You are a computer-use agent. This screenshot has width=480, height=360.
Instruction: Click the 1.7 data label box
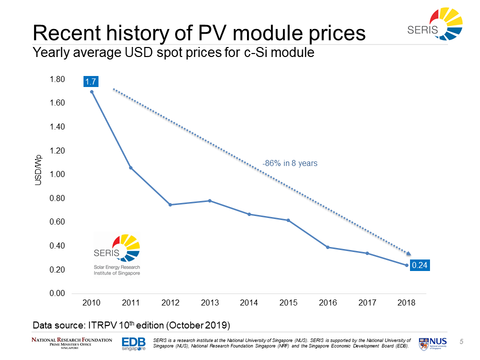click(91, 80)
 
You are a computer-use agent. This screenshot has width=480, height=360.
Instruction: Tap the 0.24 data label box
click(420, 265)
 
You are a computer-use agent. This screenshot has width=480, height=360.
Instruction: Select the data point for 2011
click(131, 167)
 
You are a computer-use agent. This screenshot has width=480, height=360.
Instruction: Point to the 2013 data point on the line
click(209, 200)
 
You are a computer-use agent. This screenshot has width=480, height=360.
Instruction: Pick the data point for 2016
click(327, 247)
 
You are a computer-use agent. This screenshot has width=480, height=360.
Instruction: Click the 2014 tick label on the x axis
click(248, 303)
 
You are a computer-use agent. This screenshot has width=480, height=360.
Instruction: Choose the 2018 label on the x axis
click(406, 303)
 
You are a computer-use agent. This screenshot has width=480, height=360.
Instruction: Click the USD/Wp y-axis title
click(38, 170)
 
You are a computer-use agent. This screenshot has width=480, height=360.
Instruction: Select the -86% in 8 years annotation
click(289, 163)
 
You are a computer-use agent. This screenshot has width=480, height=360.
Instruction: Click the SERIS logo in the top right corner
click(435, 25)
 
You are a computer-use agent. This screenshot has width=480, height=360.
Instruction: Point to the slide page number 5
click(461, 341)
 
